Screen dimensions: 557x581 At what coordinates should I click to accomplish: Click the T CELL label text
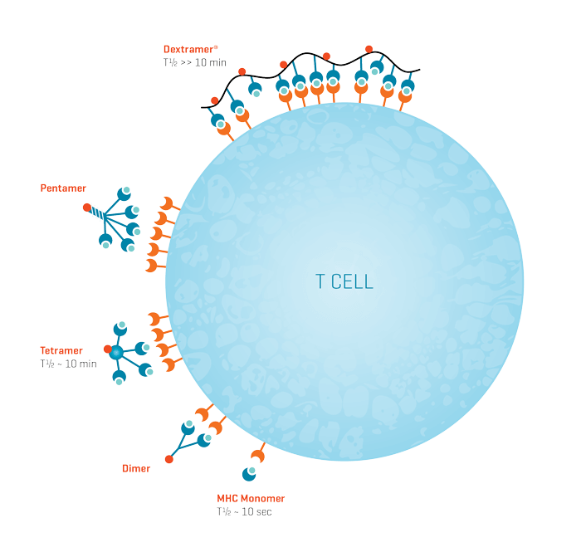click(344, 281)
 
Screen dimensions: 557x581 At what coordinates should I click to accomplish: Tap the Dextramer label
click(189, 49)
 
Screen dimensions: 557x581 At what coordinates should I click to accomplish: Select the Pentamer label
click(63, 188)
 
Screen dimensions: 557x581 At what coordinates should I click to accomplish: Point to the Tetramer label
click(61, 350)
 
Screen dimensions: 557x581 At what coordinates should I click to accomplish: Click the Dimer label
click(136, 469)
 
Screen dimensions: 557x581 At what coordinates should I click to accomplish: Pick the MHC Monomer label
click(251, 498)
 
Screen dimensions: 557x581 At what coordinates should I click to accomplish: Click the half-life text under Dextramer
click(195, 62)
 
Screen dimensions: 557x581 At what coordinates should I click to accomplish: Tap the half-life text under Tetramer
click(68, 364)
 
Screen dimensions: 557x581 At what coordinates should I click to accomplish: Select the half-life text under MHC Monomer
click(244, 511)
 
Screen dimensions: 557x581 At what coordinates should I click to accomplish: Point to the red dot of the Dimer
click(168, 459)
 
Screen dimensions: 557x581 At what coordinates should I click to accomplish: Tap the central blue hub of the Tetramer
click(116, 353)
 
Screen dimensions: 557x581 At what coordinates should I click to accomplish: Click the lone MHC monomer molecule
click(248, 473)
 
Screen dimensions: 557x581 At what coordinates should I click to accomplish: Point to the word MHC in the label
click(227, 498)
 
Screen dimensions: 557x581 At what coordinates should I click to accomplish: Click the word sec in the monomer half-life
click(263, 511)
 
